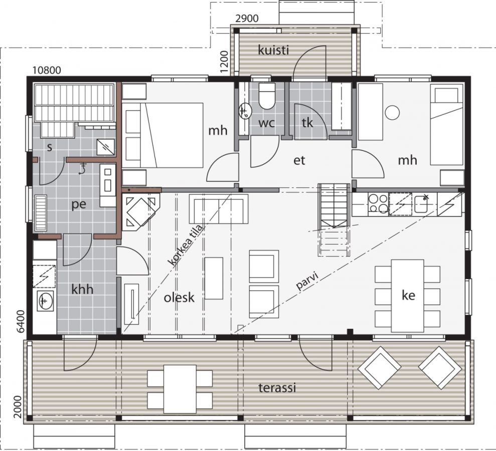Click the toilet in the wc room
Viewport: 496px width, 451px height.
266,96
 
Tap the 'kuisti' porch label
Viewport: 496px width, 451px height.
274,50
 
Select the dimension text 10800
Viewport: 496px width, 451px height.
47,70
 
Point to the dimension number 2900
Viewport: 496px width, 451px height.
247,19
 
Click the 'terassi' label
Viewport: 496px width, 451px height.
277,387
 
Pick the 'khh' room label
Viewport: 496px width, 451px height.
83,289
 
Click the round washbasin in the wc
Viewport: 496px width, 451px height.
245,111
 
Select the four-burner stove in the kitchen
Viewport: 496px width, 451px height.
378,203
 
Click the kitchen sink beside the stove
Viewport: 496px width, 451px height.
421,204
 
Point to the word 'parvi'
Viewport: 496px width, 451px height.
307,281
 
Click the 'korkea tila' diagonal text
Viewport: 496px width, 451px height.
186,245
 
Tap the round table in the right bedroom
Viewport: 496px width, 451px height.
392,113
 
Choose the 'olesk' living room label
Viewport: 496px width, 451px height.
179,297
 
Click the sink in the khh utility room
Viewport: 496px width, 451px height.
45,301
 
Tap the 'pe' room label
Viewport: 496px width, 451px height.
79,204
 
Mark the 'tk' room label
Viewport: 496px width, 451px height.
307,123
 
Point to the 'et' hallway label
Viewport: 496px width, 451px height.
299,160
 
